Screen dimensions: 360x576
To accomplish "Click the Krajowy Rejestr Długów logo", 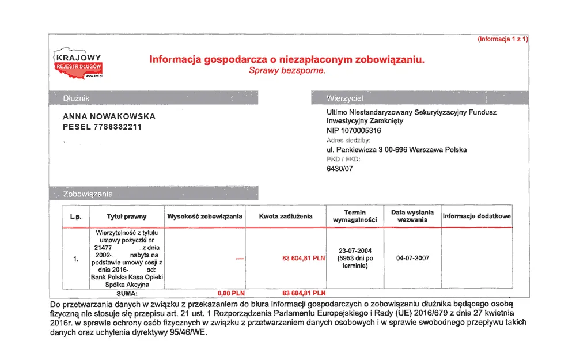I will [x=77, y=65].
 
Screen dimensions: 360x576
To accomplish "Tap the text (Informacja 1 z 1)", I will [x=502, y=39].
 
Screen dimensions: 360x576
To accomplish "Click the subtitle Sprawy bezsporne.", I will [x=287, y=70].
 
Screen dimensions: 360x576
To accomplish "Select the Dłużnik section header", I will [x=77, y=98].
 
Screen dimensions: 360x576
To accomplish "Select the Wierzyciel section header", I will [x=345, y=98].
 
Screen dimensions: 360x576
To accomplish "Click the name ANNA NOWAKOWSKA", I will [x=109, y=116].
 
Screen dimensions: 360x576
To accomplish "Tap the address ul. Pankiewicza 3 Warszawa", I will [x=396, y=150].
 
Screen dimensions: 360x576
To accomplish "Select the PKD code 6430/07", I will [x=339, y=169].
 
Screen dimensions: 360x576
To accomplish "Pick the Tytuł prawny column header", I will [x=127, y=217].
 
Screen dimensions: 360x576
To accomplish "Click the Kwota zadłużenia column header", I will [x=286, y=217].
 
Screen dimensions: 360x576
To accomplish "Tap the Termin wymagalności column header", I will [x=355, y=217].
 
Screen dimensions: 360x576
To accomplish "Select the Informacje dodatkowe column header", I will [x=476, y=217].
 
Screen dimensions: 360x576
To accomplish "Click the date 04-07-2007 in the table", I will [x=412, y=258].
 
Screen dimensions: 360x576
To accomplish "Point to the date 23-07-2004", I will [x=355, y=251].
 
